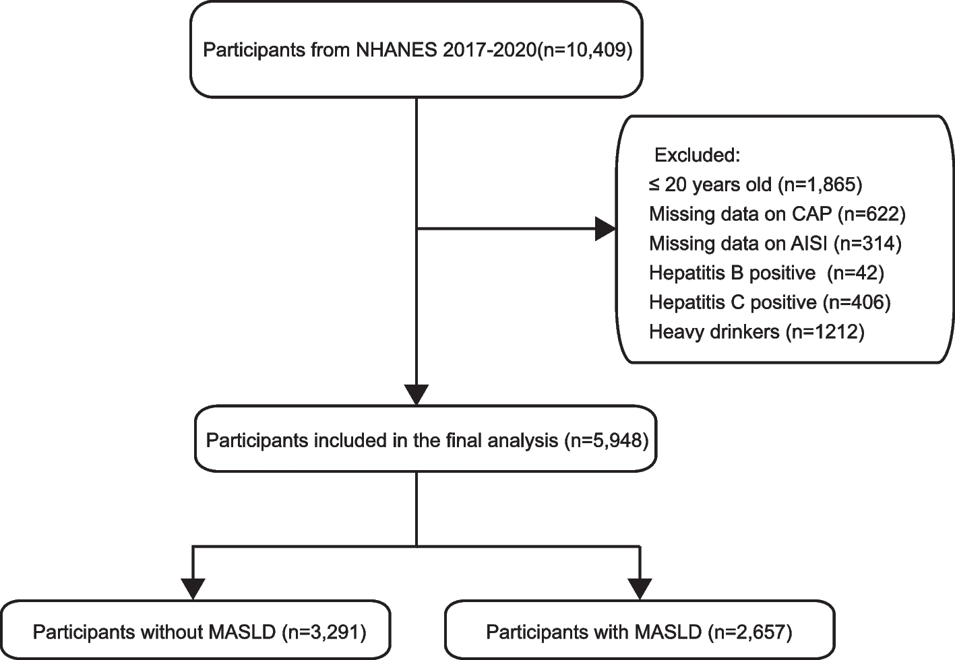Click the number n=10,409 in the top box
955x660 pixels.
(x=584, y=51)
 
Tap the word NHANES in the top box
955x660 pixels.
(x=396, y=51)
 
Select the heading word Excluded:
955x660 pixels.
(x=697, y=155)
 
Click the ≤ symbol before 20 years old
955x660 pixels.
(x=655, y=185)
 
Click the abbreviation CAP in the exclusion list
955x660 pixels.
(x=811, y=214)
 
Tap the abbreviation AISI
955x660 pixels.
(x=809, y=243)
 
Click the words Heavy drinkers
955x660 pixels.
(x=714, y=331)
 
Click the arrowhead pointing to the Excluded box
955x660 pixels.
(x=605, y=229)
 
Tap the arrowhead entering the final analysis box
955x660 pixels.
(x=416, y=395)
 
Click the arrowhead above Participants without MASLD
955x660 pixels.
(x=193, y=589)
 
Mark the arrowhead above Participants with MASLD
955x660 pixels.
(x=640, y=589)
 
